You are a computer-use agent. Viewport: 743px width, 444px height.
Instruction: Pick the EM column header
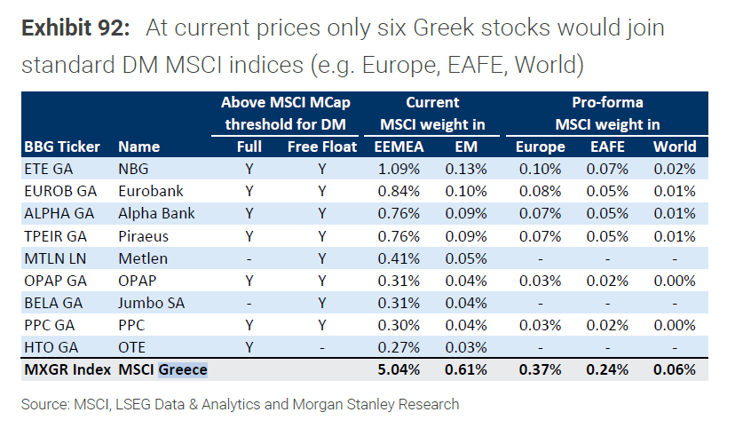tap(467, 147)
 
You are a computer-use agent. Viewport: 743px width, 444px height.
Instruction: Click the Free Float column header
tap(322, 147)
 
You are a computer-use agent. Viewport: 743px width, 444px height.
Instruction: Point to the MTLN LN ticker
tap(52, 258)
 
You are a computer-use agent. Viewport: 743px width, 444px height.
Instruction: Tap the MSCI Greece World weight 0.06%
tap(675, 369)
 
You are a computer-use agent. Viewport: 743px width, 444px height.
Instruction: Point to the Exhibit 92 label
tap(75, 28)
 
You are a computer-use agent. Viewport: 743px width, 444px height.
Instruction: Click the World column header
tap(675, 147)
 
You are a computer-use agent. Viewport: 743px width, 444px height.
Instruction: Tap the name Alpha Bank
tap(156, 213)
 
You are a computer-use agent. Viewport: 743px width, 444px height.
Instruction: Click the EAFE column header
tap(608, 147)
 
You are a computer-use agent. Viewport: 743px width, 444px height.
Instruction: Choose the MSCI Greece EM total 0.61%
tap(467, 369)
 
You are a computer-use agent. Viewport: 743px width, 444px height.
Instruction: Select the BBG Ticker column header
tap(61, 147)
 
